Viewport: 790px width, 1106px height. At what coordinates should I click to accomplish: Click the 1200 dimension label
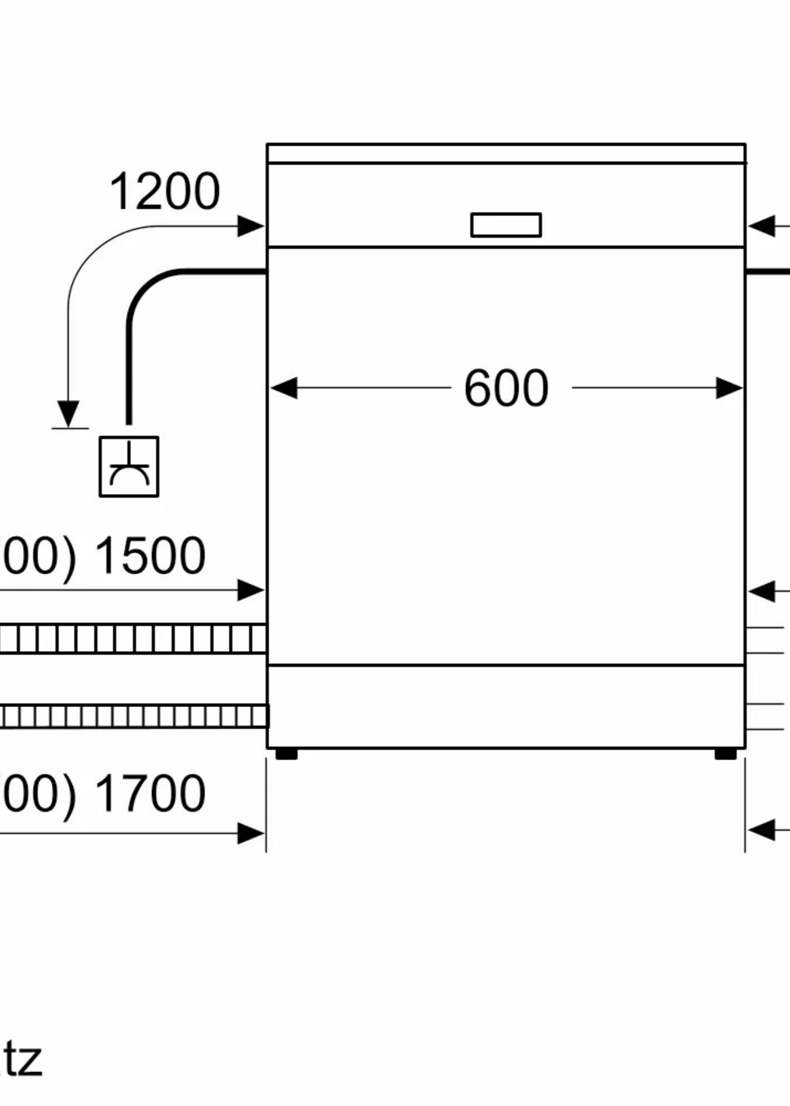pyautogui.click(x=165, y=192)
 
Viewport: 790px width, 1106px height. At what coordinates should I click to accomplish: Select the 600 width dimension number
pyautogui.click(x=506, y=388)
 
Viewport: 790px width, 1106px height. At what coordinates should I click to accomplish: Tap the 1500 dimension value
pyautogui.click(x=150, y=556)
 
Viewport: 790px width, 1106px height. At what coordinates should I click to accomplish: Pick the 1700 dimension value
pyautogui.click(x=150, y=794)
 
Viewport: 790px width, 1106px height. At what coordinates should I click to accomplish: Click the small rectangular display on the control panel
pyautogui.click(x=506, y=225)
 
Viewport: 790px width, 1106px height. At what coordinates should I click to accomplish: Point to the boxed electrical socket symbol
pyautogui.click(x=129, y=467)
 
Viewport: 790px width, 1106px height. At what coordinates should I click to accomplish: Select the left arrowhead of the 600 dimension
pyautogui.click(x=284, y=388)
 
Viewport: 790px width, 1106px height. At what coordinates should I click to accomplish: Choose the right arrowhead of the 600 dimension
pyautogui.click(x=729, y=388)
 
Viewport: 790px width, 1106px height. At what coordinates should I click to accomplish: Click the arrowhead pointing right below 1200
pyautogui.click(x=250, y=226)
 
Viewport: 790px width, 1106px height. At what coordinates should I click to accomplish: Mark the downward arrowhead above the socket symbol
pyautogui.click(x=68, y=414)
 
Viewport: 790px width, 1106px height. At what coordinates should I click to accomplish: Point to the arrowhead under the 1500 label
pyautogui.click(x=250, y=591)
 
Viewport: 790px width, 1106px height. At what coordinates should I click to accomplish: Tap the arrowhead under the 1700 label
pyautogui.click(x=250, y=833)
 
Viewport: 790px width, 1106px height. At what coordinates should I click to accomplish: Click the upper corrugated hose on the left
pyautogui.click(x=132, y=639)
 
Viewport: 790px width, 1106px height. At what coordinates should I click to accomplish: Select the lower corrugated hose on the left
pyautogui.click(x=132, y=716)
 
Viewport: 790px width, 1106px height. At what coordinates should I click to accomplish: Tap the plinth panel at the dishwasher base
pyautogui.click(x=506, y=706)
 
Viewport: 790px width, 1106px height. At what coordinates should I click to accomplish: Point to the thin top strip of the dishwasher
pyautogui.click(x=506, y=153)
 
